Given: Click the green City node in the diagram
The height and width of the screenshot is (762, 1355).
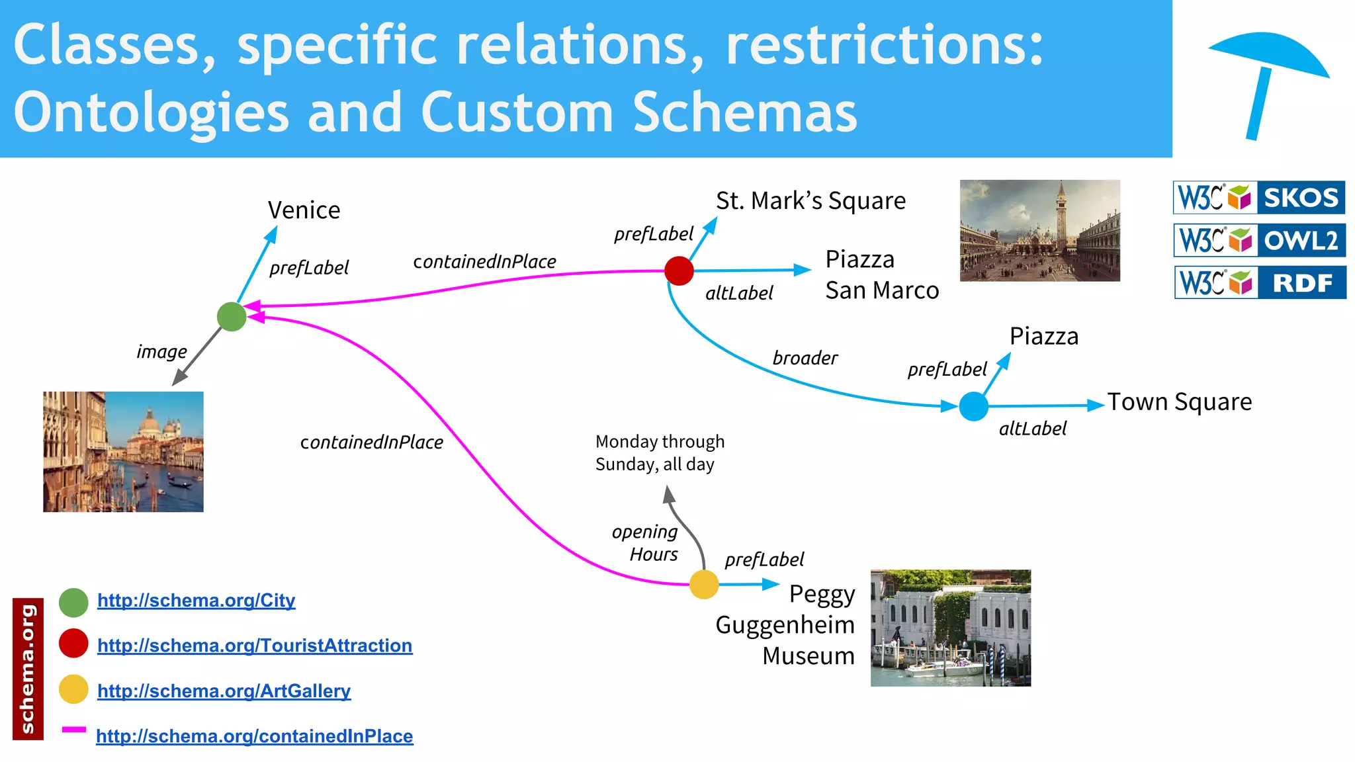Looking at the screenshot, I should coord(232,316).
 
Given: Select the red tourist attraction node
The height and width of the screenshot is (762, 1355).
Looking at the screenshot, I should coord(679,271).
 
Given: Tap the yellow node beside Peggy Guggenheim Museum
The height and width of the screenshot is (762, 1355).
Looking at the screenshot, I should coord(703,584).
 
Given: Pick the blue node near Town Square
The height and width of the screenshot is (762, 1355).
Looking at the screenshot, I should coord(973,405).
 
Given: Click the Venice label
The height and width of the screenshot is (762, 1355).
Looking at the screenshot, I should coord(304,210).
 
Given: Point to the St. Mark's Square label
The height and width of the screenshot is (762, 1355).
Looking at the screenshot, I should coord(810,200).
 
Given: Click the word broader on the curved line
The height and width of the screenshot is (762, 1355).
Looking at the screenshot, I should coord(805,358).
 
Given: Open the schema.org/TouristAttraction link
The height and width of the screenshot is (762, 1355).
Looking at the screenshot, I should coord(255,645).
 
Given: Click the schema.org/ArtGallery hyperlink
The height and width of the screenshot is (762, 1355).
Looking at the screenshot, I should coord(224,691).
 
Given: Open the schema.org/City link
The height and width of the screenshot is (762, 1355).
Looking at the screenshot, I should coord(196,600).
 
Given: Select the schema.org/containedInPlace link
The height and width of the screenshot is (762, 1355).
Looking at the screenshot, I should coord(255,736).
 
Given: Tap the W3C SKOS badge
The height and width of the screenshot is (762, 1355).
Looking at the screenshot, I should coord(1258,197).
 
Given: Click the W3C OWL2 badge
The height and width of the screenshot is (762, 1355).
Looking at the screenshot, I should coord(1259,240).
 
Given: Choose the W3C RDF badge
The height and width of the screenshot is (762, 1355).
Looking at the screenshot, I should coord(1260,282).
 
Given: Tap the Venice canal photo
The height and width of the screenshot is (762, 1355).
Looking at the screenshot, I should coord(123,451).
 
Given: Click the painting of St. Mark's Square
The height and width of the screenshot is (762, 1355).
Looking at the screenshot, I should coord(1039,230).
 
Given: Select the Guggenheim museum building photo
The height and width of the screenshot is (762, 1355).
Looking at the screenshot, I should coord(950,627).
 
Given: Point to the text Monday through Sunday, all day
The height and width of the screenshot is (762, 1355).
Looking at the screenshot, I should coord(659,452).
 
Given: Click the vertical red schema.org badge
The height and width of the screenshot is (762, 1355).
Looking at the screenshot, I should coord(28,668).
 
